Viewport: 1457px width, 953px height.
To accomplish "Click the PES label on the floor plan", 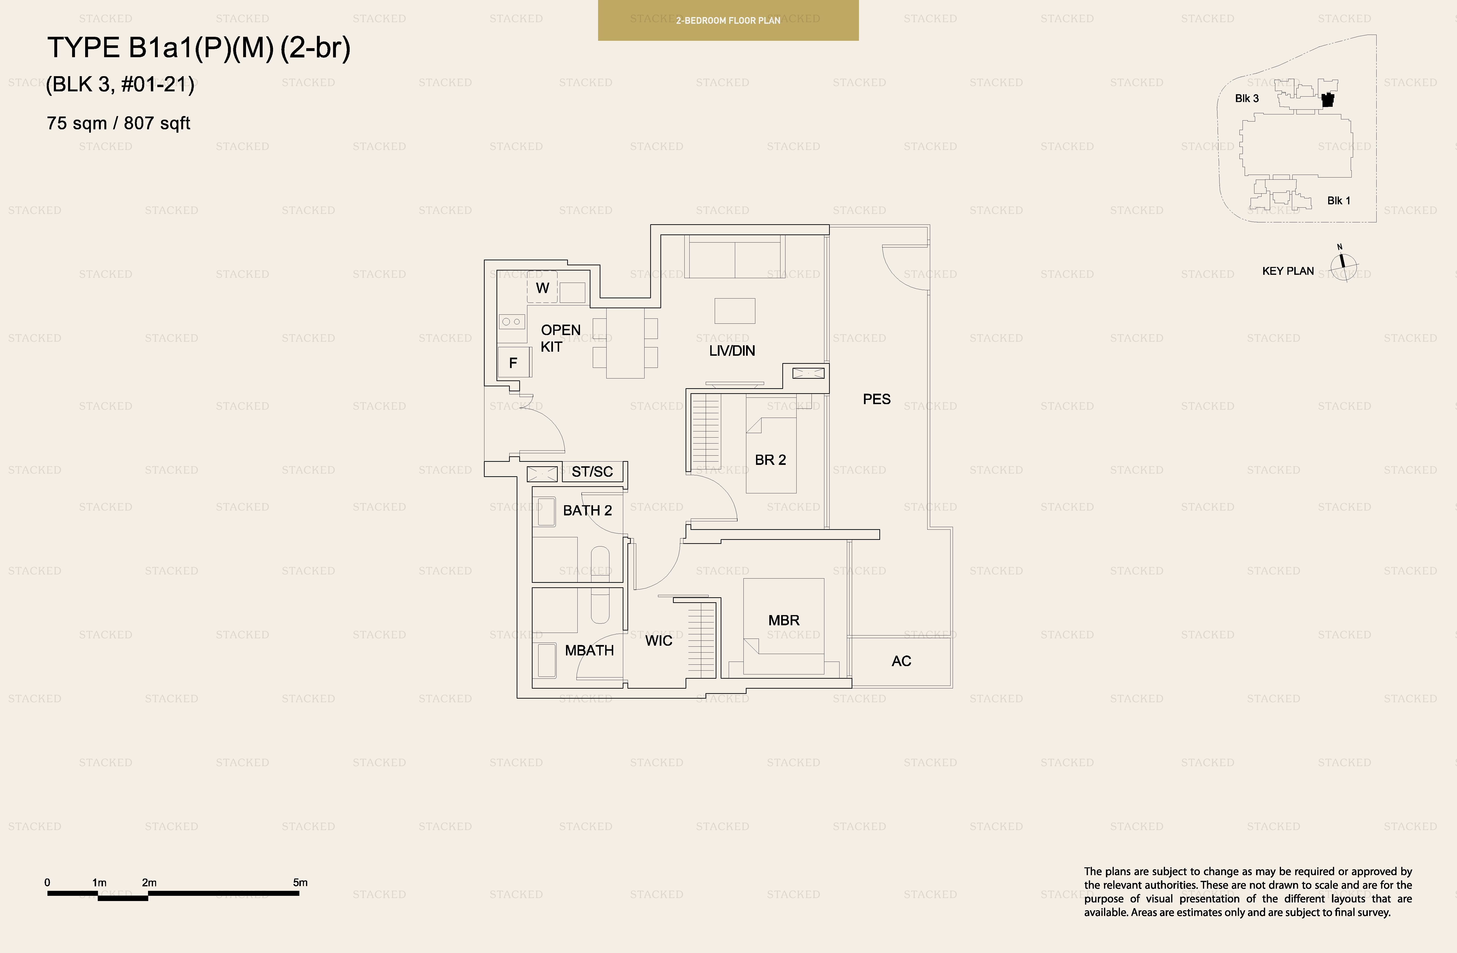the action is [x=877, y=399].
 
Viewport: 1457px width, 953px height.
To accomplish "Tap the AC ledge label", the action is [x=901, y=661].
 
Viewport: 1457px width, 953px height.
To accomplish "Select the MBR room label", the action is [x=784, y=621].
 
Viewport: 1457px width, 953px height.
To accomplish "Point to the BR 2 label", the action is [x=770, y=460].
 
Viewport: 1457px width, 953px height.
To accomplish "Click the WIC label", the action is [x=659, y=641].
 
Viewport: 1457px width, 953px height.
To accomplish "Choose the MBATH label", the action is [x=589, y=650].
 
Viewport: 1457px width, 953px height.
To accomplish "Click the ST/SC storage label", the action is [x=592, y=472].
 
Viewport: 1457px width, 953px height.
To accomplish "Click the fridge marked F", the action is [x=513, y=363].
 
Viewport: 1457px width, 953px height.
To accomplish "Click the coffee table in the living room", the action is [x=735, y=311].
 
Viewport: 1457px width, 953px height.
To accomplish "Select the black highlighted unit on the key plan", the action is [x=1327, y=100].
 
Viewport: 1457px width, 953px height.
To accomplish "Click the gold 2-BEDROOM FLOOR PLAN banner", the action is [x=728, y=20].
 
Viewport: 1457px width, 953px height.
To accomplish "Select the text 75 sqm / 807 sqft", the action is [x=118, y=123].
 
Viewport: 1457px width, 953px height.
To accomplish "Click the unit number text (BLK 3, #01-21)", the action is [x=120, y=84].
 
